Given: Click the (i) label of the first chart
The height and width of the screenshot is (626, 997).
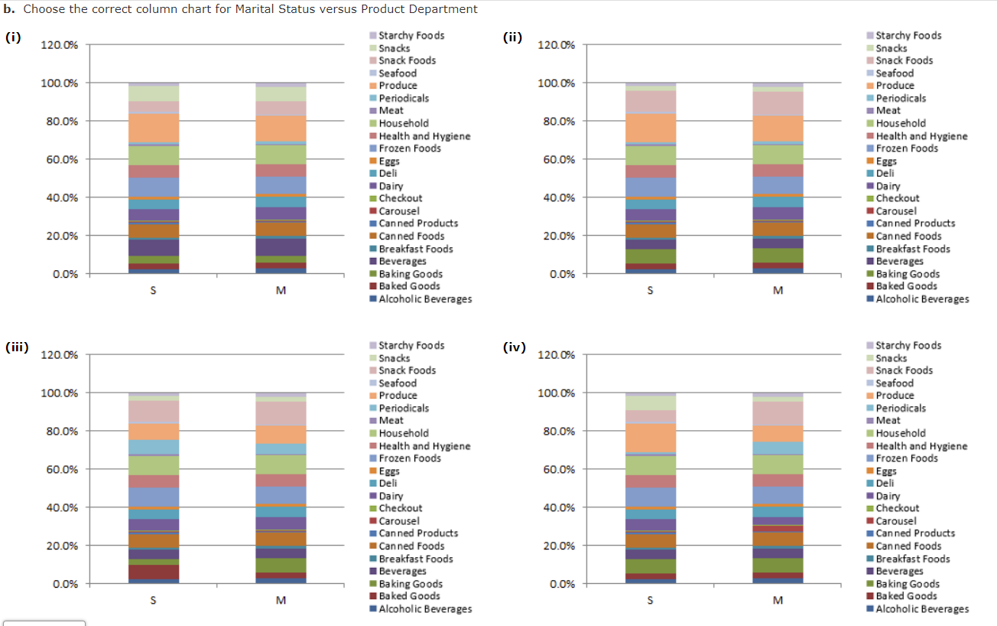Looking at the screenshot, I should pyautogui.click(x=13, y=37).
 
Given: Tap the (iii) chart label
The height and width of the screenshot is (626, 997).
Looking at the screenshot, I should pyautogui.click(x=17, y=347).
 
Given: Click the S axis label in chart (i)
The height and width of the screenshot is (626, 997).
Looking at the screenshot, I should pyautogui.click(x=154, y=290).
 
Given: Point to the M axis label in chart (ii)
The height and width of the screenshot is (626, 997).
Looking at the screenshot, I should pyautogui.click(x=778, y=290).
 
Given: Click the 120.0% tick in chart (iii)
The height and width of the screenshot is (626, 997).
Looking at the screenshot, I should pyautogui.click(x=59, y=355).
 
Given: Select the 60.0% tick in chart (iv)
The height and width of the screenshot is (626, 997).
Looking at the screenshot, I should pyautogui.click(x=557, y=469).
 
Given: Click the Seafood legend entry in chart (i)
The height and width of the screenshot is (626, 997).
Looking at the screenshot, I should pyautogui.click(x=398, y=73).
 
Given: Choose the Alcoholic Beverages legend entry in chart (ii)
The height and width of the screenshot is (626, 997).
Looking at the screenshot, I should pyautogui.click(x=922, y=299).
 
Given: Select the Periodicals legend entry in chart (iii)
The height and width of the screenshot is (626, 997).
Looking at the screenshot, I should pyautogui.click(x=404, y=408).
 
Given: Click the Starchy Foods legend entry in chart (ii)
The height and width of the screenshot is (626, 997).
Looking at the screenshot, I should pyautogui.click(x=908, y=35).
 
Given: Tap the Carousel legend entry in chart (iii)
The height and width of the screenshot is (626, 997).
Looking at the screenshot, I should pyautogui.click(x=399, y=520).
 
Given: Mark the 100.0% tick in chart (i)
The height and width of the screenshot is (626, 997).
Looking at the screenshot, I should pyautogui.click(x=59, y=83).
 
